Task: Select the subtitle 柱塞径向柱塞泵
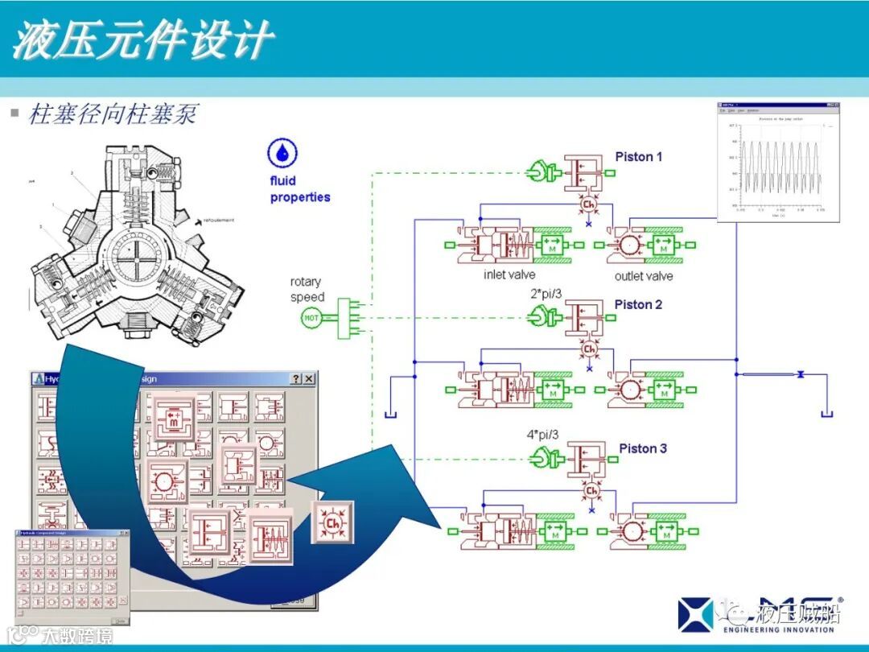click(x=113, y=114)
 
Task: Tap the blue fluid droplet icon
click(x=282, y=154)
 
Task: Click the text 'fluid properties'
click(x=299, y=189)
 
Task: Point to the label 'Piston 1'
click(x=638, y=157)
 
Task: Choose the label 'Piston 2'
click(x=638, y=304)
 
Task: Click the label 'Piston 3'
click(x=642, y=448)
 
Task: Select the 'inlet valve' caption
click(x=510, y=275)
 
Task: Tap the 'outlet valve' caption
click(x=644, y=276)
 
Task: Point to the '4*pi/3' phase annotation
click(x=542, y=435)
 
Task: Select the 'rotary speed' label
click(x=307, y=289)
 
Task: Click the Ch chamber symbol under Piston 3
click(x=591, y=490)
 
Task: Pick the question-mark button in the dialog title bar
click(x=296, y=379)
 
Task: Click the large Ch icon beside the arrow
click(x=332, y=522)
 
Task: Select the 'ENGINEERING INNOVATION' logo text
click(x=780, y=629)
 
